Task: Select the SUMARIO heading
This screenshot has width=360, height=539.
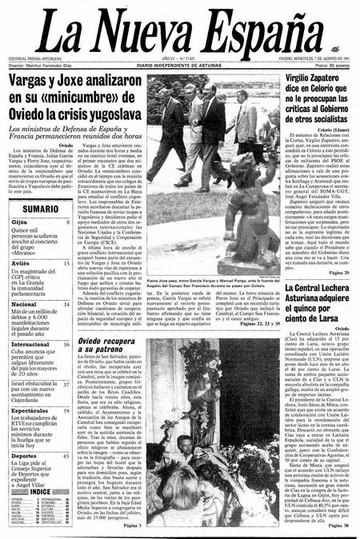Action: pos(34,209)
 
